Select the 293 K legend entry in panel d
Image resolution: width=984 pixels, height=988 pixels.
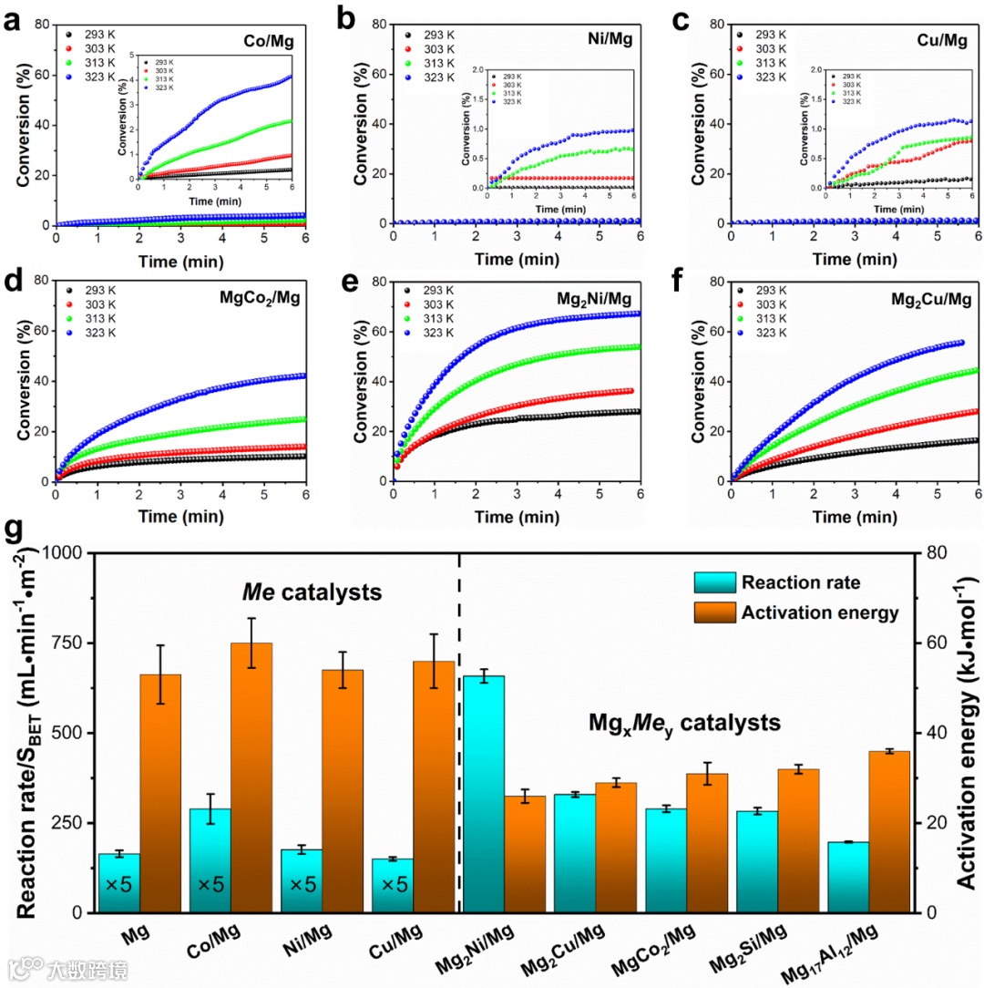click(x=98, y=291)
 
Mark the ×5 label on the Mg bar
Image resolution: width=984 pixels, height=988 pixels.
click(x=118, y=884)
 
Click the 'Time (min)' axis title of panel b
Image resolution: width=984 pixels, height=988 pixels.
click(x=517, y=259)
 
